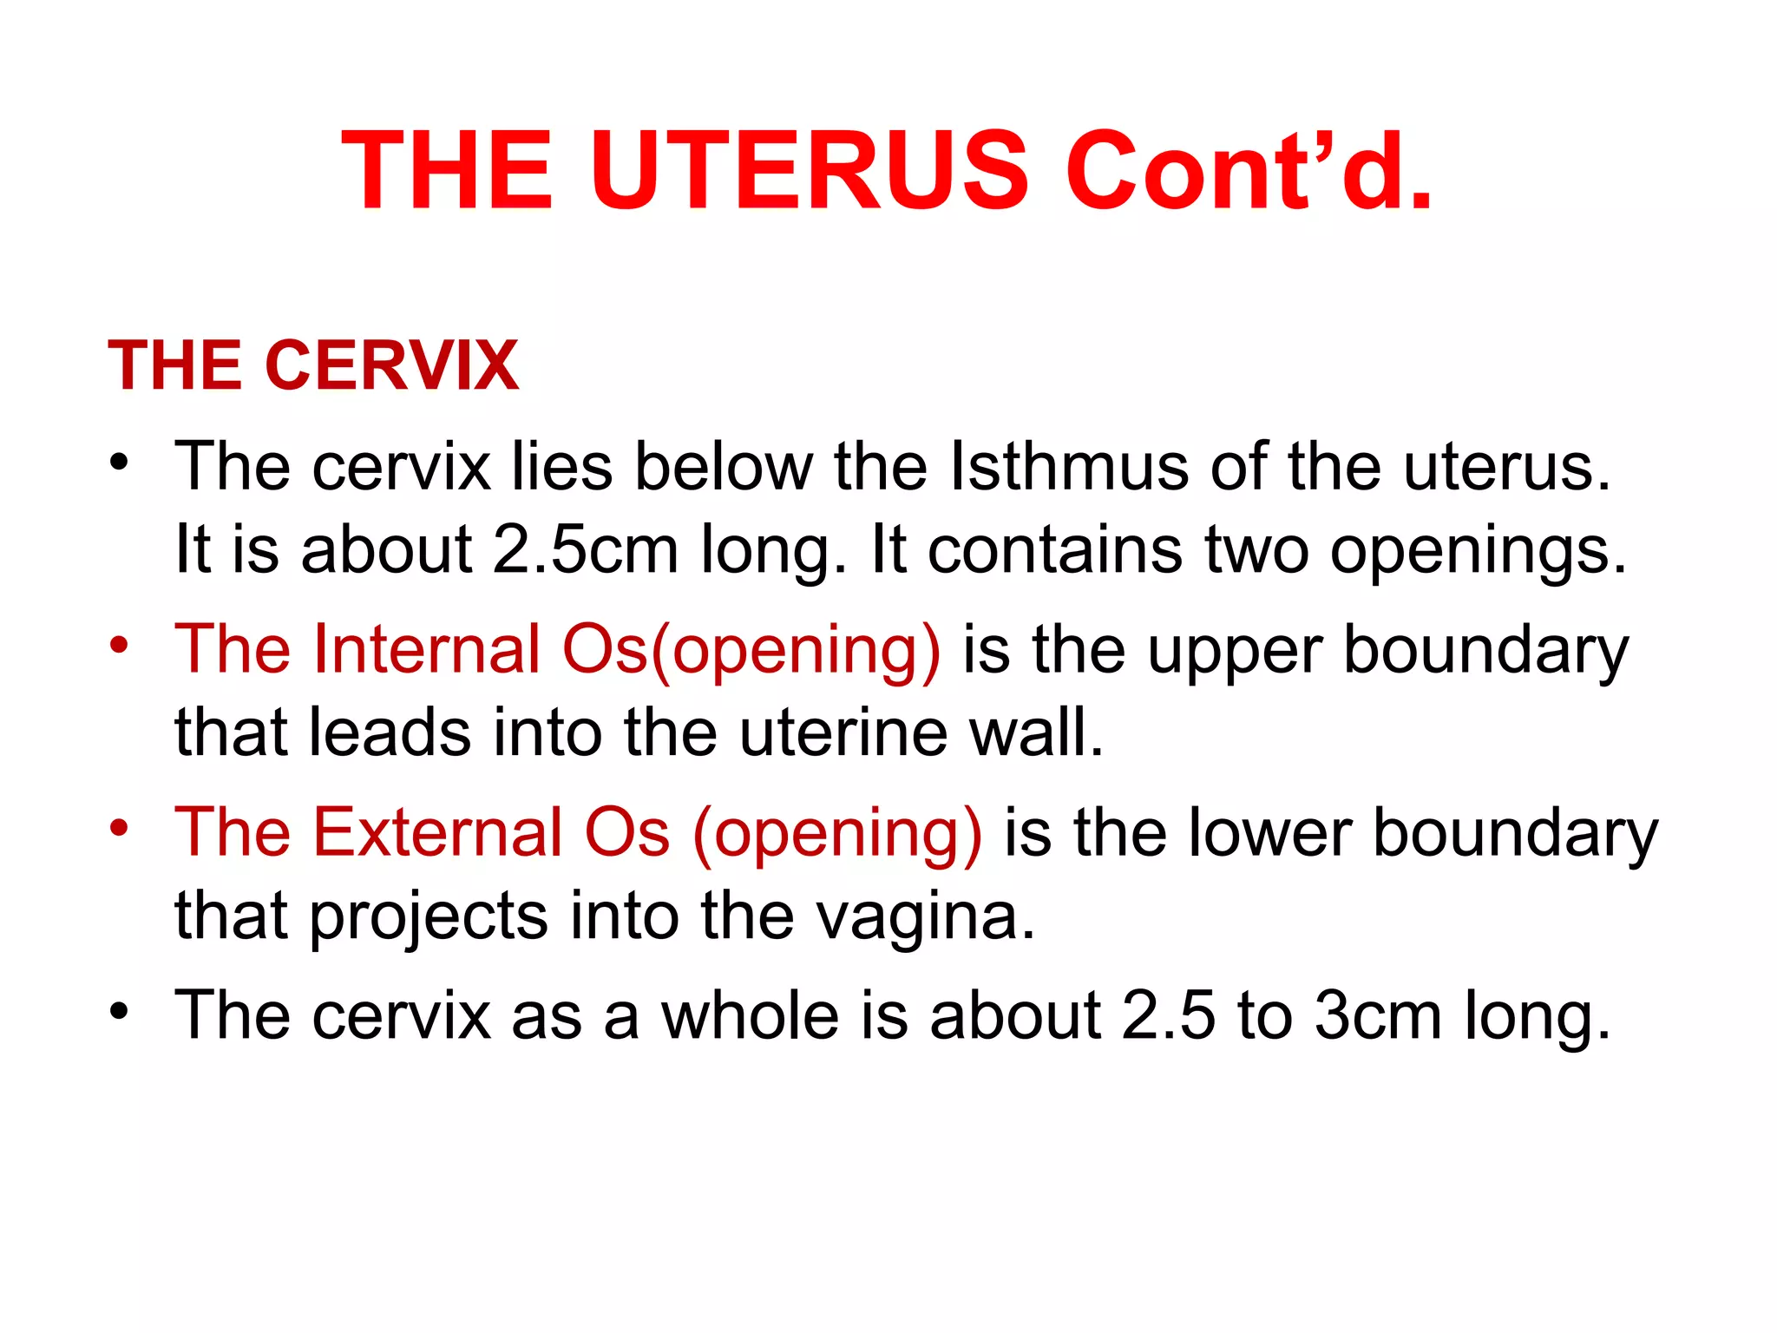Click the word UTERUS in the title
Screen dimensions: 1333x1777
coord(808,171)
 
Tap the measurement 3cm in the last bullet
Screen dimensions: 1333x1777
coord(1379,1015)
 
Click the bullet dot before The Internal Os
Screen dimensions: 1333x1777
coord(120,645)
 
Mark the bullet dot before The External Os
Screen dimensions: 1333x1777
coord(120,828)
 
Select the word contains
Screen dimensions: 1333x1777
coord(1055,550)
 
